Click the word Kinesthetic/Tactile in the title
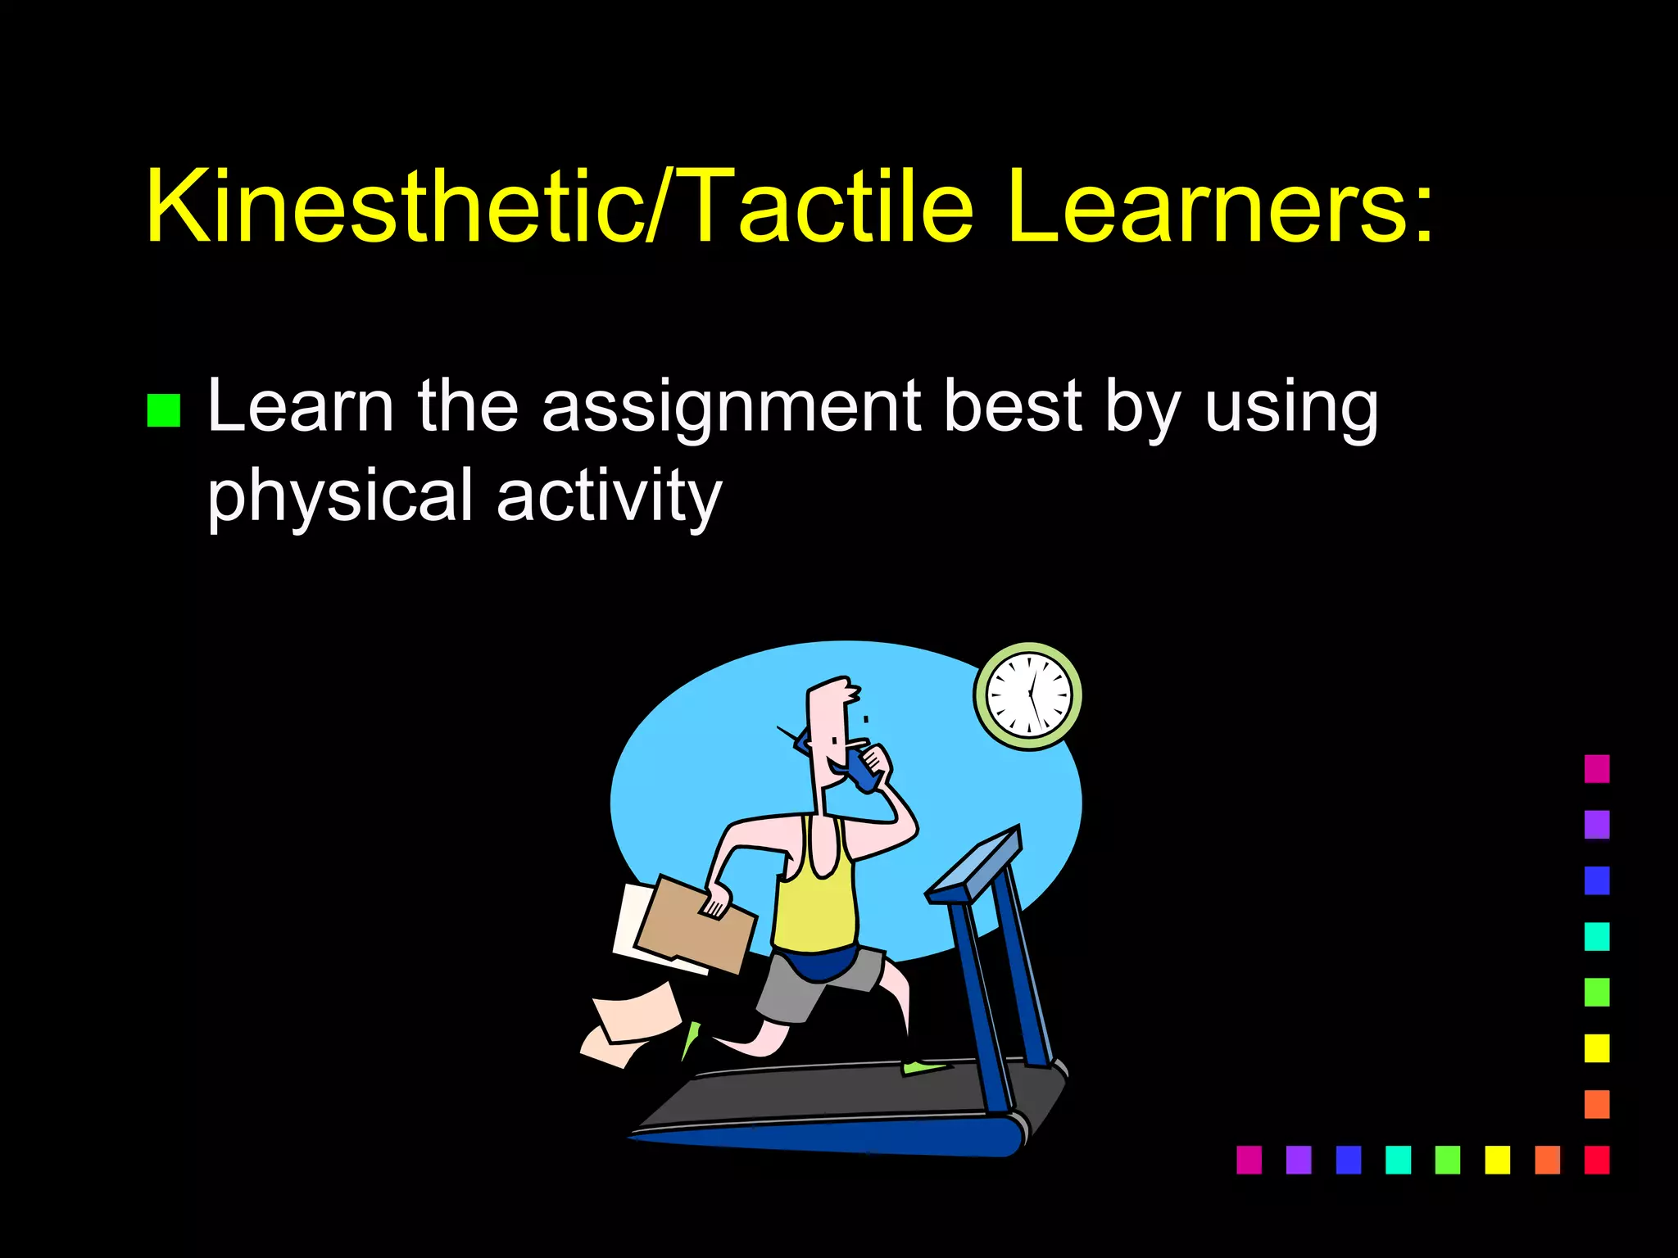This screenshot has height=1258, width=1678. pyautogui.click(x=557, y=206)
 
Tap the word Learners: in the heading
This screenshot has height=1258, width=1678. pyautogui.click(x=1221, y=206)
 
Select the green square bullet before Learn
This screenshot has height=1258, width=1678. pyautogui.click(x=163, y=411)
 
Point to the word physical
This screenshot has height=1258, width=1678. pyautogui.click(x=339, y=497)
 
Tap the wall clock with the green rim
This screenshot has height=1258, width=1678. pyautogui.click(x=1028, y=695)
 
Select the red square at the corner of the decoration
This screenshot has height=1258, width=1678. pyautogui.click(x=1596, y=1160)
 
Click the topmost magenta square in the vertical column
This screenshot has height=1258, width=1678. pyautogui.click(x=1596, y=768)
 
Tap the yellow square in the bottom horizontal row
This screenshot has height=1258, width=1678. pyautogui.click(x=1497, y=1160)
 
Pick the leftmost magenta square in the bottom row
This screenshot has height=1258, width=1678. pyautogui.click(x=1249, y=1160)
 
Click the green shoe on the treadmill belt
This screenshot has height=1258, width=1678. pyautogui.click(x=924, y=1067)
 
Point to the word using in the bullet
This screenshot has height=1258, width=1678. pyautogui.click(x=1291, y=407)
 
